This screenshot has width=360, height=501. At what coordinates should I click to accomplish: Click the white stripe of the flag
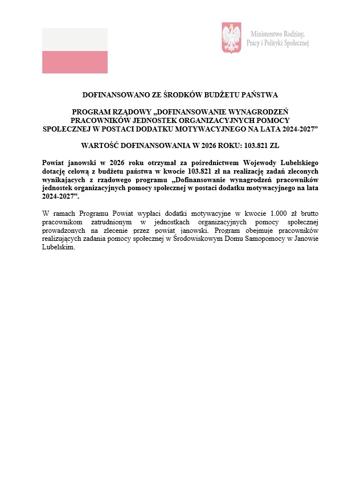coord(75,39)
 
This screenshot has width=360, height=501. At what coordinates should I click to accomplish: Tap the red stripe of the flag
coord(75,62)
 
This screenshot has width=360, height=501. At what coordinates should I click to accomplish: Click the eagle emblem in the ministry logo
coord(231,38)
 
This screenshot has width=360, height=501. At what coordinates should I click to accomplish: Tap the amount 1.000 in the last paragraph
coord(272,213)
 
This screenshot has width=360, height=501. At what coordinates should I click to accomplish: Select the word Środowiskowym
coord(196,239)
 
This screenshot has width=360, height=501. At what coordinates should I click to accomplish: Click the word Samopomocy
coord(268,239)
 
